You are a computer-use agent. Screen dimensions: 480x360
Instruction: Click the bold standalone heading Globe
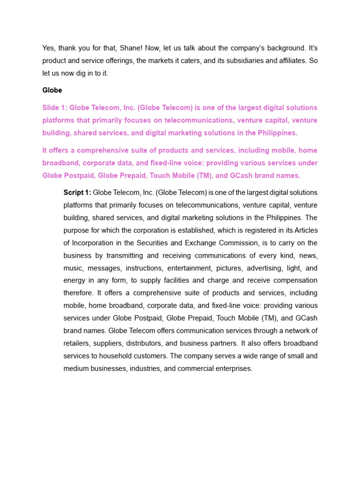[x=52, y=90]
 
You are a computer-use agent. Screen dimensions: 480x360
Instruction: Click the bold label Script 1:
[x=77, y=193]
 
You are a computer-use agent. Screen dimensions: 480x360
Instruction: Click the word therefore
[x=78, y=293]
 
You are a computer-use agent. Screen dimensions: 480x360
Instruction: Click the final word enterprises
[x=231, y=368]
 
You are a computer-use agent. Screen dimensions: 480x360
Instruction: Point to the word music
[x=73, y=268]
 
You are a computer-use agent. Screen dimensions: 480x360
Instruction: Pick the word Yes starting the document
[x=49, y=48]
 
